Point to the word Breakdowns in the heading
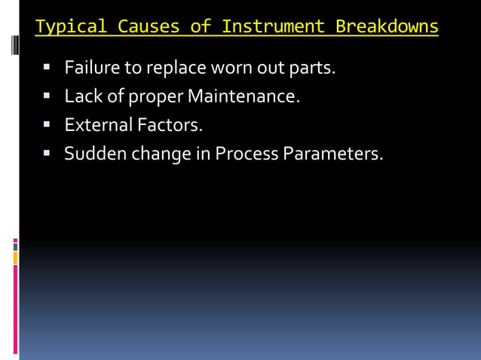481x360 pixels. pos(387,28)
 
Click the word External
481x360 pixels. pos(96,124)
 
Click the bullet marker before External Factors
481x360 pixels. pos(47,125)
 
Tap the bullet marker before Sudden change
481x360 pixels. pos(47,154)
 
